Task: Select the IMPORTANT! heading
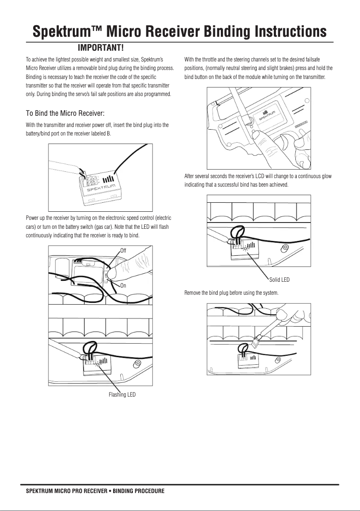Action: point(101,48)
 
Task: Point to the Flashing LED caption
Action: point(122,395)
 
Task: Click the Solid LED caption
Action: point(279,280)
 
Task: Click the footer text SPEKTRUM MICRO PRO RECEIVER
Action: point(66,491)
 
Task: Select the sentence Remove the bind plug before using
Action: point(231,293)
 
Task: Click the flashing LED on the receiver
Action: point(97,364)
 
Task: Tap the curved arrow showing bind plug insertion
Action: point(81,170)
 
